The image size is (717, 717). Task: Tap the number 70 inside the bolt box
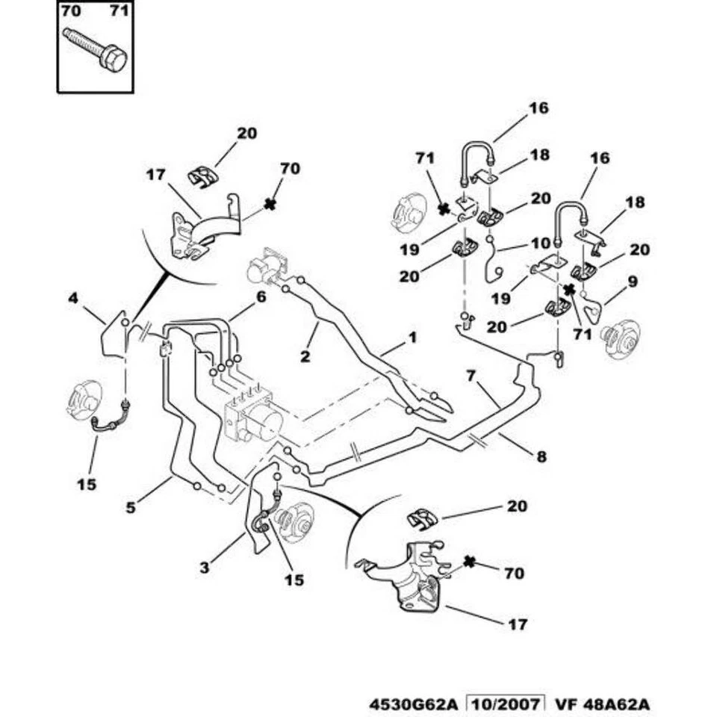click(x=69, y=11)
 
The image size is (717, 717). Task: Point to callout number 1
click(x=412, y=338)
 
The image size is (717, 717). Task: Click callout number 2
click(x=305, y=356)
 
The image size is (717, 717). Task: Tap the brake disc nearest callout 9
click(x=621, y=339)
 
